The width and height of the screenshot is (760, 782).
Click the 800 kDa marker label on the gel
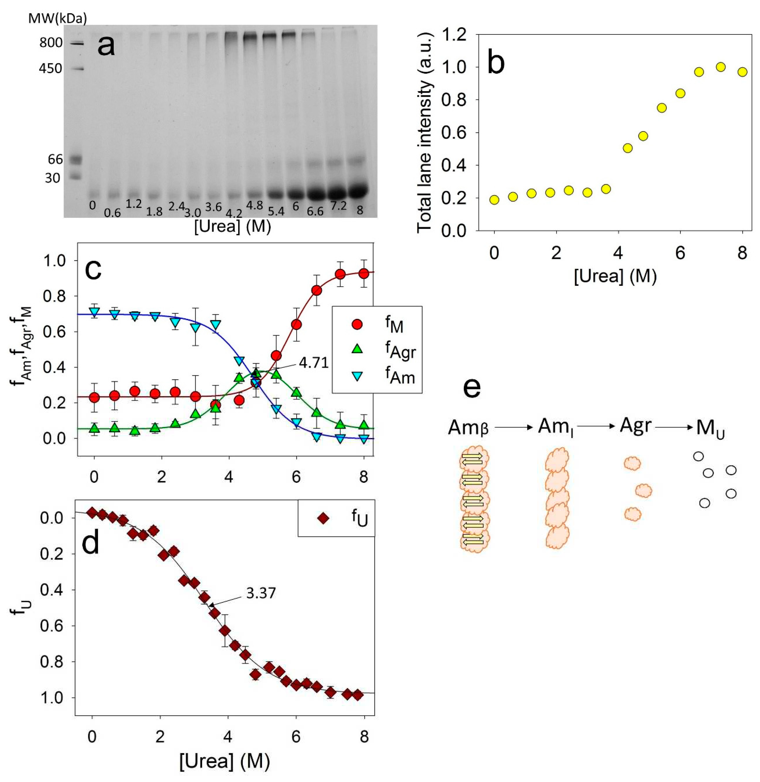pyautogui.click(x=51, y=42)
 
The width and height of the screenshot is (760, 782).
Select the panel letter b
pyautogui.click(x=496, y=63)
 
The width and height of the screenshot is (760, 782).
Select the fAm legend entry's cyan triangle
pyautogui.click(x=357, y=375)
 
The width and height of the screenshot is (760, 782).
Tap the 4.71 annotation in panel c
pyautogui.click(x=314, y=363)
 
